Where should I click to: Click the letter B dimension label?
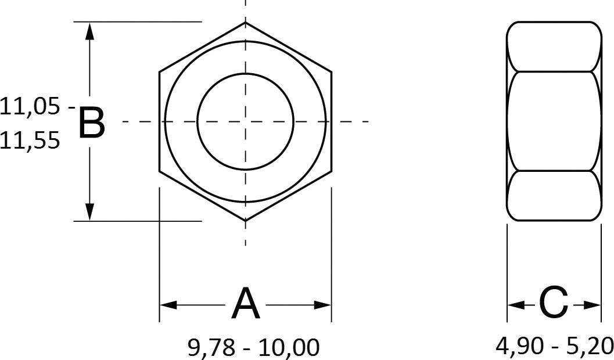(91, 123)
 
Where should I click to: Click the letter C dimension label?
(553, 303)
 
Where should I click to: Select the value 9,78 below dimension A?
(210, 348)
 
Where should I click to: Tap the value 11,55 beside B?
(30, 141)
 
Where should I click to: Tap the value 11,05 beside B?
(30, 107)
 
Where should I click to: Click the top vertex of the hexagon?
(245, 23)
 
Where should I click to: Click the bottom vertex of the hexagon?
(245, 221)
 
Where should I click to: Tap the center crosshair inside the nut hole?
(245, 121)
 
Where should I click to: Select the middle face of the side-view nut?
(554, 121)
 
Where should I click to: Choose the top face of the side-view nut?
(554, 46)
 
